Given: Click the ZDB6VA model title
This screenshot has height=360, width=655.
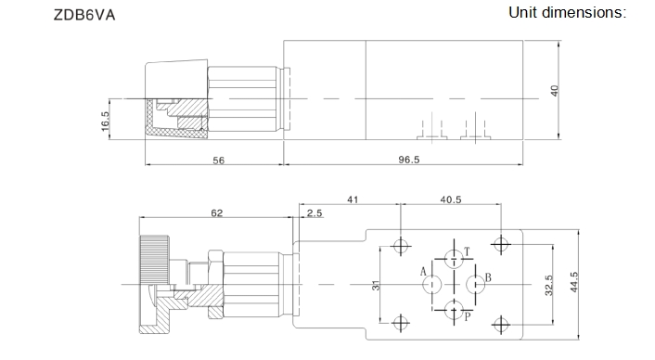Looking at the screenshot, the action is coord(84,15).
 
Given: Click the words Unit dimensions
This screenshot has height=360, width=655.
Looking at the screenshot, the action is coord(567,13).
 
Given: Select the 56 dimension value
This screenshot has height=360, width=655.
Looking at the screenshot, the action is coord(218,161).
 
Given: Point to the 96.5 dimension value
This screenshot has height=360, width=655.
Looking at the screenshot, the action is coord(408,160).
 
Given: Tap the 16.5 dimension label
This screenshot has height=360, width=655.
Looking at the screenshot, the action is coord(105,122).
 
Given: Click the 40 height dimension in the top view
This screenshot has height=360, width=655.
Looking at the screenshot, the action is coord(554,91).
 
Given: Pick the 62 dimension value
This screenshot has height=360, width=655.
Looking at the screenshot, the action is coord(217,213).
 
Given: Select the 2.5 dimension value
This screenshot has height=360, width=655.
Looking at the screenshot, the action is coord(315,213).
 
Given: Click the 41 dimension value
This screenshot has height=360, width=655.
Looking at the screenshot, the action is coord(353,199).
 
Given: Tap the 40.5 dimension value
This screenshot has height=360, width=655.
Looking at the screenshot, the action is coord(451,199).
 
